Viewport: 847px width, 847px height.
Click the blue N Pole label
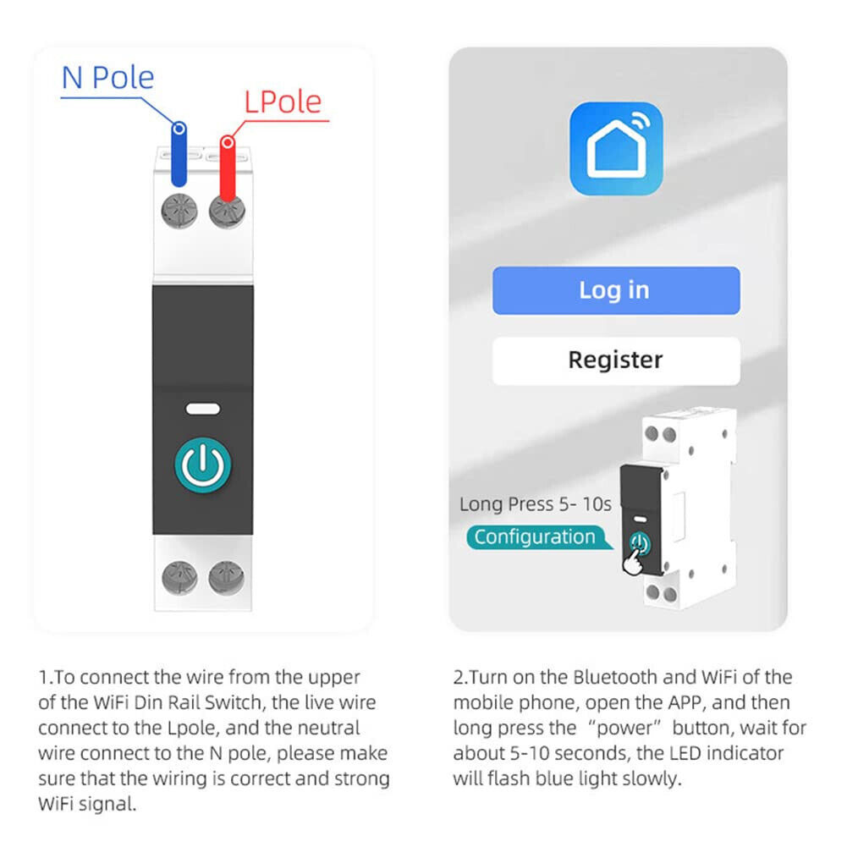(108, 78)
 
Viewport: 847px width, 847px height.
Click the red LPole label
(283, 102)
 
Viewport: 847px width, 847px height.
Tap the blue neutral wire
(179, 155)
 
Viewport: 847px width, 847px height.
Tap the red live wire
(228, 169)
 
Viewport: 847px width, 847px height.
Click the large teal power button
(202, 465)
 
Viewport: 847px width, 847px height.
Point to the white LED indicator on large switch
(202, 409)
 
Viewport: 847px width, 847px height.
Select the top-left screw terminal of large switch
(179, 211)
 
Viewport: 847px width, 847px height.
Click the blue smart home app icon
(616, 149)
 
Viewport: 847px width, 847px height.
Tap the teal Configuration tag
(538, 537)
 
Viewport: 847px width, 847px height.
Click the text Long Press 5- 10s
(536, 504)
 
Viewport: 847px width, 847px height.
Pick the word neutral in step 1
(329, 728)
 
